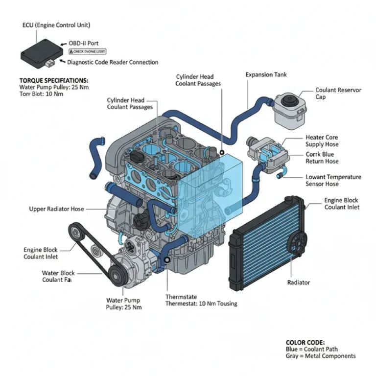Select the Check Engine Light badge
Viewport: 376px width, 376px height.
(x=87, y=51)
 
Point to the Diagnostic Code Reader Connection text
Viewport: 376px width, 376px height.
(x=113, y=62)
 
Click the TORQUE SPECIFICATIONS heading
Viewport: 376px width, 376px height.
(x=54, y=80)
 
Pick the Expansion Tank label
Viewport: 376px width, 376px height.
(x=266, y=75)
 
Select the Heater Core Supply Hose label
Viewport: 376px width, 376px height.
(x=322, y=141)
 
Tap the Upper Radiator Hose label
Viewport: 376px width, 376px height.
(x=56, y=209)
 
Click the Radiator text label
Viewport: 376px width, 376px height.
(x=298, y=282)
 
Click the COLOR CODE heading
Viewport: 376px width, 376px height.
(x=305, y=342)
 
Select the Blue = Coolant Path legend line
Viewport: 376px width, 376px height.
(x=312, y=349)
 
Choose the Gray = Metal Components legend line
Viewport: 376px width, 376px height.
(x=320, y=356)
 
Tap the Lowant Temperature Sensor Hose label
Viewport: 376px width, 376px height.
(x=333, y=180)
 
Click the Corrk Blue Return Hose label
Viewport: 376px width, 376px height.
(x=322, y=158)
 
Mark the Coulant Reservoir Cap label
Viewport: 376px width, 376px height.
(x=338, y=94)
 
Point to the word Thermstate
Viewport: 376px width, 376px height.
(x=182, y=297)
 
